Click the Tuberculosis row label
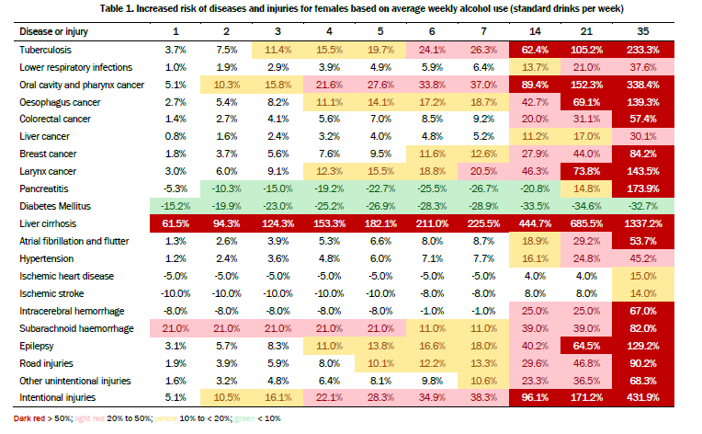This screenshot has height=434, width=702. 45,49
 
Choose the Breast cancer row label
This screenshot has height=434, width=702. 48,154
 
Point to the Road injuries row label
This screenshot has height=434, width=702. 48,363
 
